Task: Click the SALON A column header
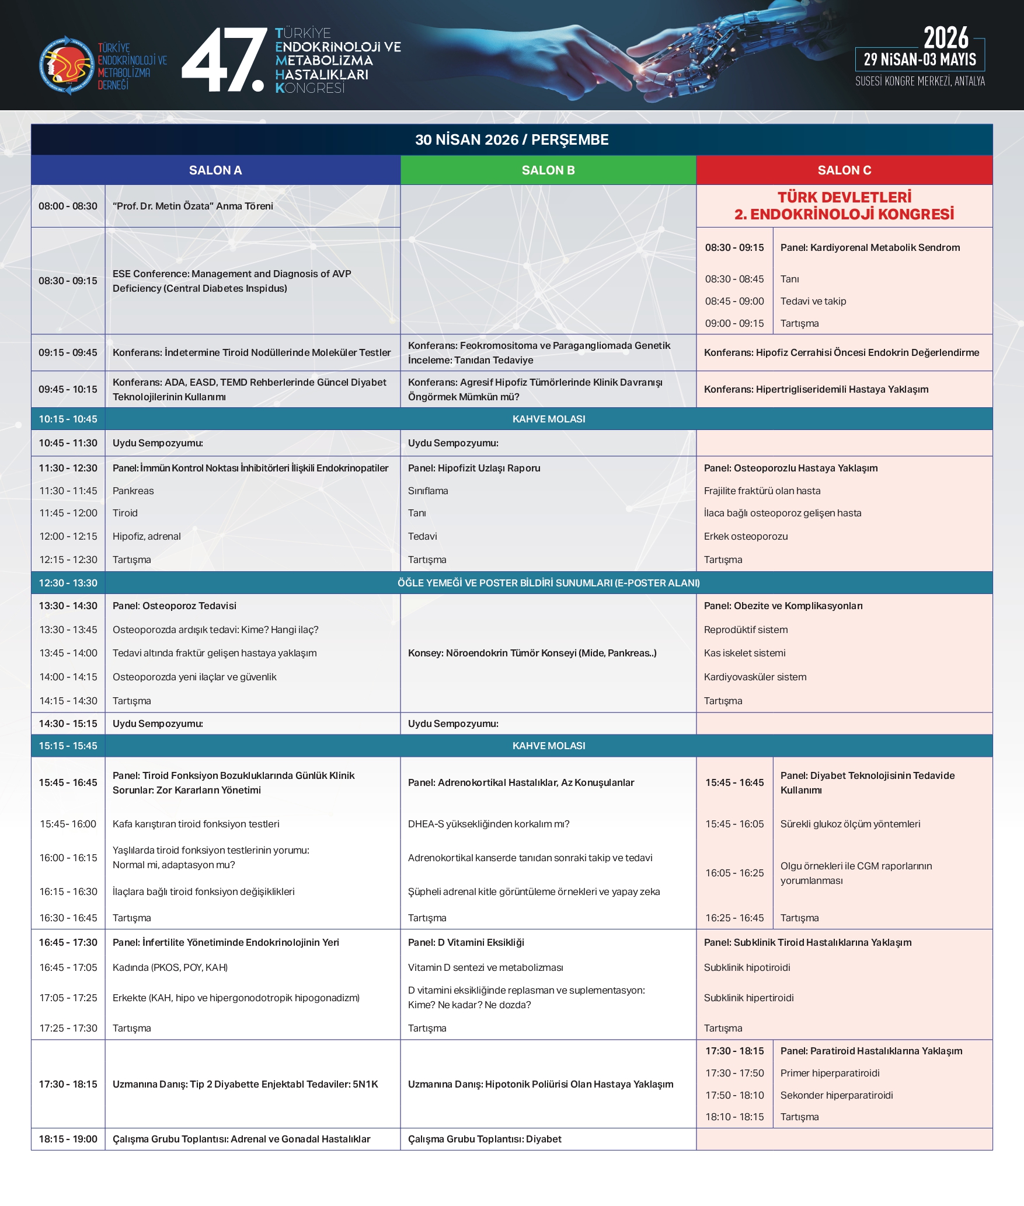(215, 170)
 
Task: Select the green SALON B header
(548, 170)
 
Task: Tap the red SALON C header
(844, 170)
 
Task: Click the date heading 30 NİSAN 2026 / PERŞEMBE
(511, 140)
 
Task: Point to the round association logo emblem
(66, 65)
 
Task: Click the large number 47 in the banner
(224, 61)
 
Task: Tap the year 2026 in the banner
(945, 39)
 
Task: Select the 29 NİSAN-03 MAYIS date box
(919, 60)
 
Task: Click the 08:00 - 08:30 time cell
(68, 206)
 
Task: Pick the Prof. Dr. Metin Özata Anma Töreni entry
(193, 206)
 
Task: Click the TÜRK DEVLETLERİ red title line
(844, 197)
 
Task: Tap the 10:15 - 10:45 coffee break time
(68, 419)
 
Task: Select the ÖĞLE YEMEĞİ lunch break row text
(548, 583)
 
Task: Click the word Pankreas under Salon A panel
(133, 491)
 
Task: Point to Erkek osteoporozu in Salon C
(746, 536)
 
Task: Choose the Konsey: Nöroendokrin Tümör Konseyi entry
(532, 653)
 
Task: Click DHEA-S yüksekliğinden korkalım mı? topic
(489, 824)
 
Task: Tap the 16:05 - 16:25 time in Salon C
(734, 873)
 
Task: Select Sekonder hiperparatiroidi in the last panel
(836, 1095)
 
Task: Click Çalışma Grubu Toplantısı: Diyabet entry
(485, 1139)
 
